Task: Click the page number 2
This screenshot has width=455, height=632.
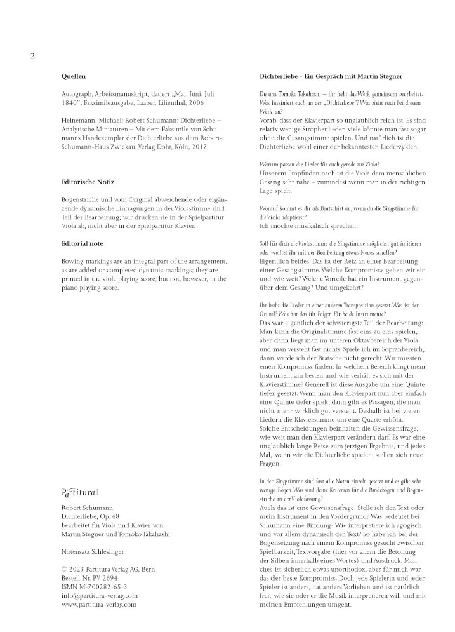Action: click(x=32, y=56)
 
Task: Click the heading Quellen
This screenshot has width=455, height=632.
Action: click(x=73, y=77)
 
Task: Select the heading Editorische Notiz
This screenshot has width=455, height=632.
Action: click(x=88, y=182)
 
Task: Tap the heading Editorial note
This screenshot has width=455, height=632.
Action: click(x=83, y=243)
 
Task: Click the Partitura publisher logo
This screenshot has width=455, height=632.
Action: click(x=80, y=492)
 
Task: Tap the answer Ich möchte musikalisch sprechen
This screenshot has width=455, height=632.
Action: click(x=309, y=225)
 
